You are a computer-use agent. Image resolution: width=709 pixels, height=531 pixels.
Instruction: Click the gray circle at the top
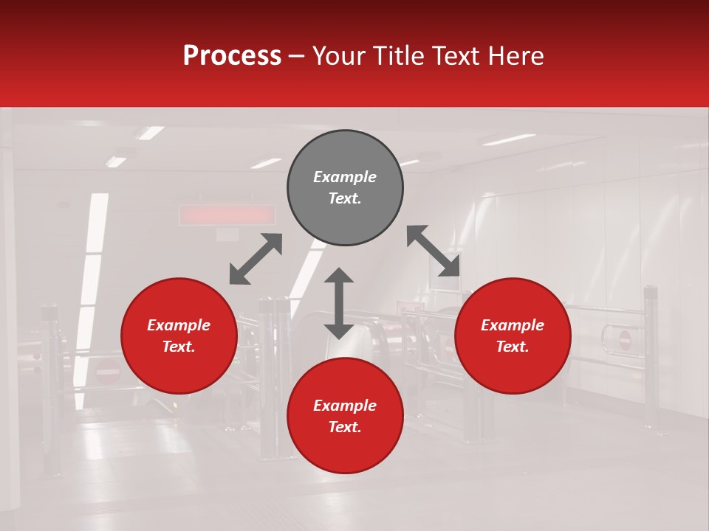345,187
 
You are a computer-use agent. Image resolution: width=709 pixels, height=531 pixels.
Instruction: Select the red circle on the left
179,336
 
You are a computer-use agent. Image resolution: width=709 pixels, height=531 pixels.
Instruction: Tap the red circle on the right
513,336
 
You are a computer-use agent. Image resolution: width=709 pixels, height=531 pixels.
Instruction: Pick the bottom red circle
345,416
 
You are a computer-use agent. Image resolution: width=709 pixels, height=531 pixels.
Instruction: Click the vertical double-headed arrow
339,303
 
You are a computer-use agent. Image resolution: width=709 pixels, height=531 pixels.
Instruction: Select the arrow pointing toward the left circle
256,259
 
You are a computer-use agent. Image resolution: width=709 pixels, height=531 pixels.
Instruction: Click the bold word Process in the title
232,55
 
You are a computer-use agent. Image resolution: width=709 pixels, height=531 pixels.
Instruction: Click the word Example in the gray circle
345,177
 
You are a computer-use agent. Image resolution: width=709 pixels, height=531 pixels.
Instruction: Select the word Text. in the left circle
179,347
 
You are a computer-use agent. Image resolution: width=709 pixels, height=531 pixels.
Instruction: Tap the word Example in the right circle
513,325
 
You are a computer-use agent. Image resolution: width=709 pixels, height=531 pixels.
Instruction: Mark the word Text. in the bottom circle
345,427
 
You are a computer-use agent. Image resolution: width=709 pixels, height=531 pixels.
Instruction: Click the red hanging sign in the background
227,215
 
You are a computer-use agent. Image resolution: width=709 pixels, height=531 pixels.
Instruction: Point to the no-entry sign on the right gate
625,340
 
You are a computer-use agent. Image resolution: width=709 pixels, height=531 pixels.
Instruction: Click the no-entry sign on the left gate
108,372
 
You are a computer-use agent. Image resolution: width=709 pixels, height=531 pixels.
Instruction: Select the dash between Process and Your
296,55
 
